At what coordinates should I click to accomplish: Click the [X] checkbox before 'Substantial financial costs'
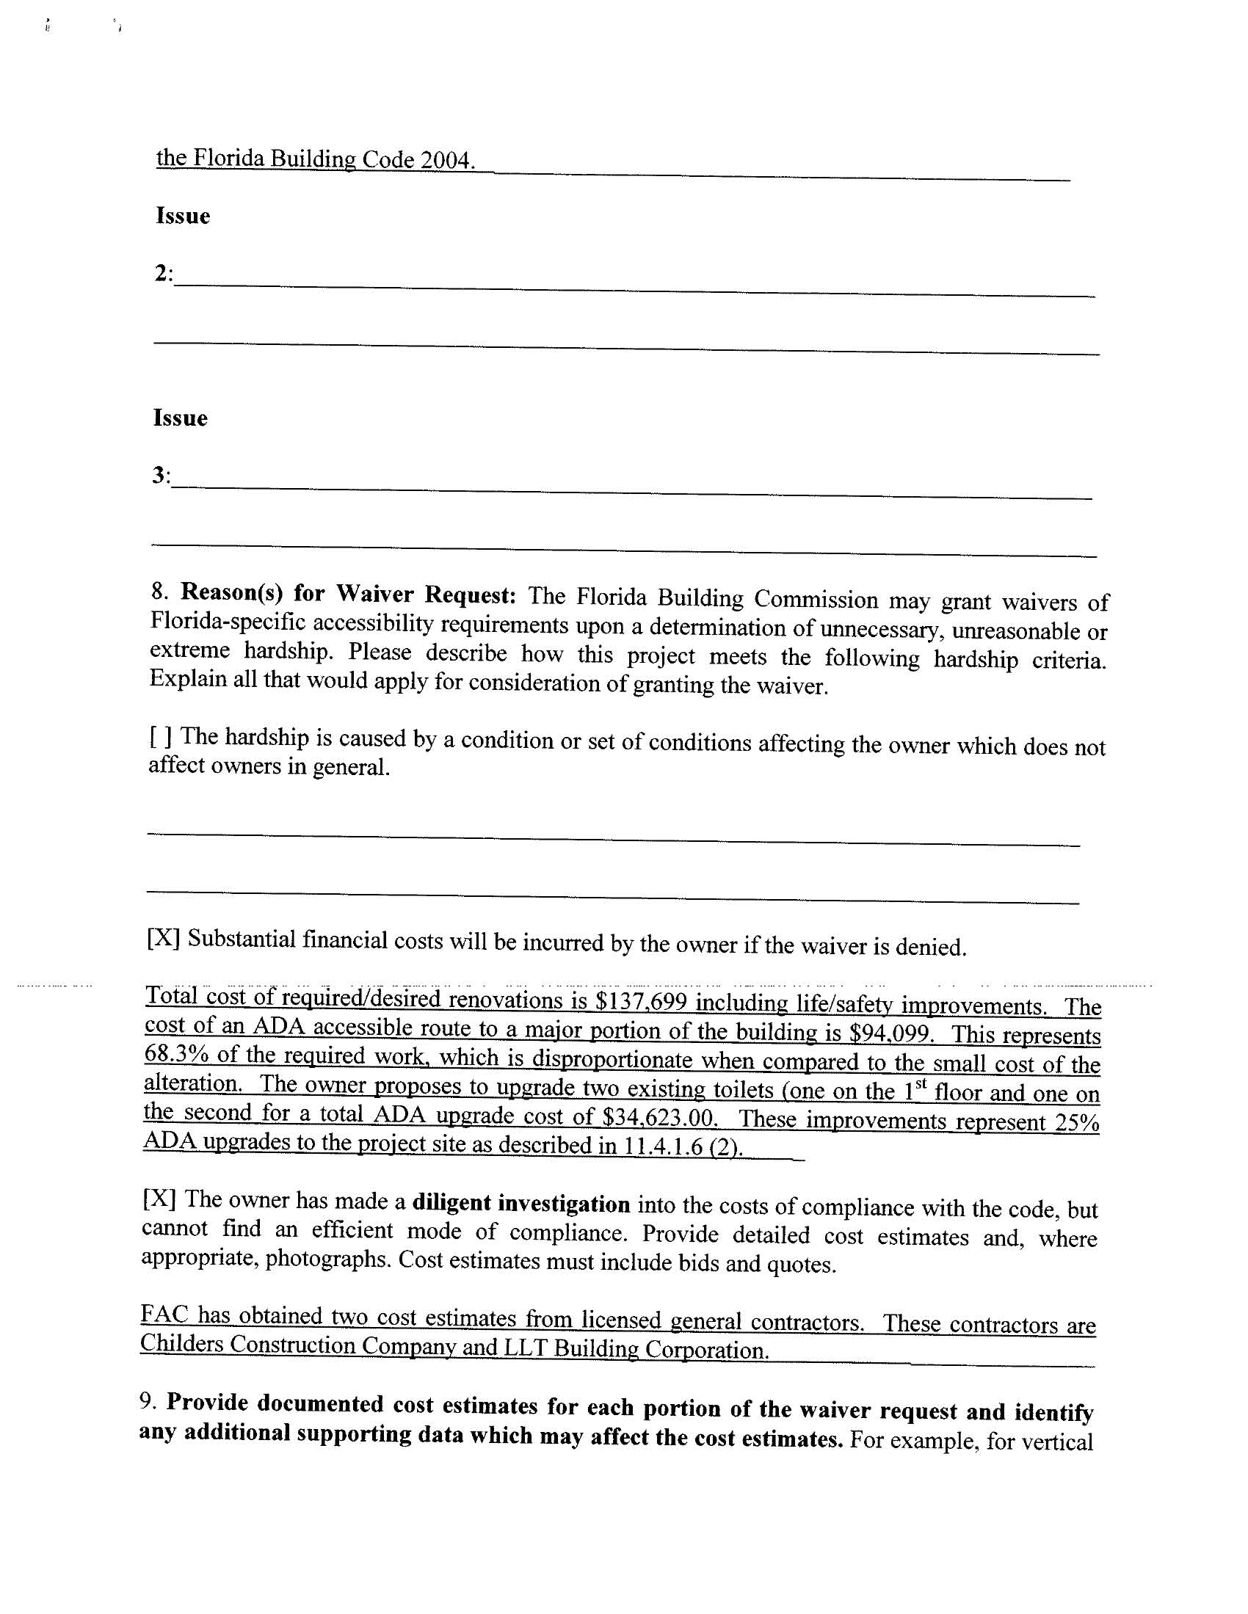pyautogui.click(x=164, y=939)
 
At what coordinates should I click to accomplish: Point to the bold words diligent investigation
pyautogui.click(x=520, y=1204)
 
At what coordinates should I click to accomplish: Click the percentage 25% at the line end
pyautogui.click(x=1077, y=1122)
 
